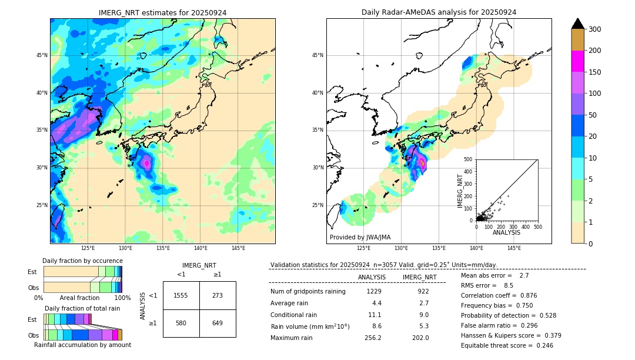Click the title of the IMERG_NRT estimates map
click(162, 12)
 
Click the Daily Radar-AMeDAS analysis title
click(439, 12)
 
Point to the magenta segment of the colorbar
click(577, 61)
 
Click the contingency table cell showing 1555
click(181, 295)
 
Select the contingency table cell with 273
click(218, 295)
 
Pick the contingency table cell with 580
click(181, 323)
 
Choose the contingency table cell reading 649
click(218, 323)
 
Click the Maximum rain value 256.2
click(373, 338)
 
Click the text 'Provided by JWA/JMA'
click(360, 237)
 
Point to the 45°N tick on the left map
click(42, 55)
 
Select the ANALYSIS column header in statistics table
click(372, 277)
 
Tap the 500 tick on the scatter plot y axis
click(468, 159)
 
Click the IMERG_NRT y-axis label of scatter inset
click(461, 190)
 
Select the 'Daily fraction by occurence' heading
click(82, 261)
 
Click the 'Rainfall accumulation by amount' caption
click(82, 345)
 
